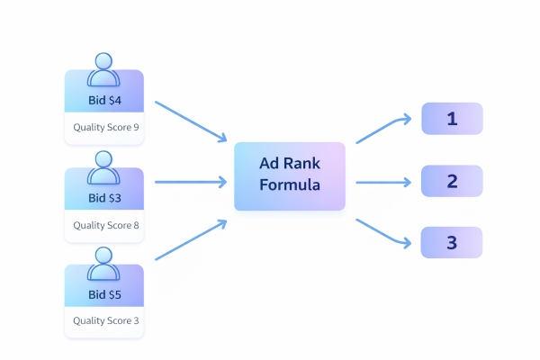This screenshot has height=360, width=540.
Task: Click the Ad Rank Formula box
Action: click(289, 175)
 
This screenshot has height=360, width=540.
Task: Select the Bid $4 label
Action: click(104, 99)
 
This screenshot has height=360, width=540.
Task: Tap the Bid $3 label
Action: click(104, 197)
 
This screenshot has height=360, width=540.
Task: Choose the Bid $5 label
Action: click(104, 294)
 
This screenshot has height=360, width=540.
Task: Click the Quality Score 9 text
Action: click(105, 127)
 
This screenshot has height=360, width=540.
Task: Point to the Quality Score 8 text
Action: click(105, 225)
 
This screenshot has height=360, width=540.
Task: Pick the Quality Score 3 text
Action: click(105, 321)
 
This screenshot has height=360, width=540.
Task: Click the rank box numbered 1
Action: click(452, 118)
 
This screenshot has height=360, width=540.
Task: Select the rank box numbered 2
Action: click(452, 181)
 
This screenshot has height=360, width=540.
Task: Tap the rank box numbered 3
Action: click(452, 242)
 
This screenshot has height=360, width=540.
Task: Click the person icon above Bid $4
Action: click(104, 68)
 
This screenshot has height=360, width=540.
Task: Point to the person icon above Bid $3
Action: click(104, 166)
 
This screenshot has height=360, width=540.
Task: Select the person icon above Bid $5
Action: click(104, 263)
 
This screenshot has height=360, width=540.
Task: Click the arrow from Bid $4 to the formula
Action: click(191, 121)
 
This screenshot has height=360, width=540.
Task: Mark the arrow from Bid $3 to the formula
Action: click(191, 182)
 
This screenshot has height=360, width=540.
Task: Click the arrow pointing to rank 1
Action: click(385, 129)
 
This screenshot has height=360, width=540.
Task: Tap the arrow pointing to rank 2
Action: click(385, 182)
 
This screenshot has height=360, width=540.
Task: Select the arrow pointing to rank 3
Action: click(385, 232)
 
